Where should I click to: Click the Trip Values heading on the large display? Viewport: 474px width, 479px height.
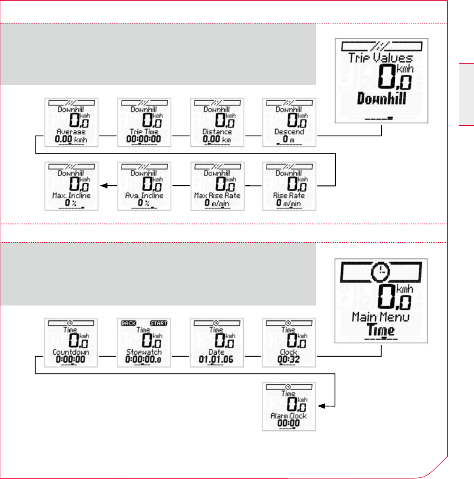pyautogui.click(x=380, y=58)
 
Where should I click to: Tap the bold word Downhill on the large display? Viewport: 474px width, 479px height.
pyautogui.click(x=381, y=98)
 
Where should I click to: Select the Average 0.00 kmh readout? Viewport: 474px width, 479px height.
pyautogui.click(x=71, y=139)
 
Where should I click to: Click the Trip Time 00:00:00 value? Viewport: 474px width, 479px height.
pyautogui.click(x=144, y=139)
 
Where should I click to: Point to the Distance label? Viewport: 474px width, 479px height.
pyautogui.click(x=217, y=132)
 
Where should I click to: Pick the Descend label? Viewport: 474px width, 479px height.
pyautogui.click(x=289, y=132)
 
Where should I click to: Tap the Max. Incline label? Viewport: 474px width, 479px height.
pyautogui.click(x=71, y=196)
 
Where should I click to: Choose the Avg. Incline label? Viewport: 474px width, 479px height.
pyautogui.click(x=144, y=196)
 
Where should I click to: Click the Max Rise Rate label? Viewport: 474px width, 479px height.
pyautogui.click(x=217, y=196)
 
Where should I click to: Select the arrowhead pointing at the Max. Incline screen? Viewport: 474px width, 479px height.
pyautogui.click(x=104, y=186)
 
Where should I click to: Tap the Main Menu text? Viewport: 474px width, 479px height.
pyautogui.click(x=380, y=318)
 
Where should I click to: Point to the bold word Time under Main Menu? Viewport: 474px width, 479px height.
pyautogui.click(x=381, y=330)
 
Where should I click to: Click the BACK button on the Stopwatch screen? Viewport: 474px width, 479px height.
pyautogui.click(x=129, y=323)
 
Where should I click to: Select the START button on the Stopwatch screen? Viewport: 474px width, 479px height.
pyautogui.click(x=158, y=323)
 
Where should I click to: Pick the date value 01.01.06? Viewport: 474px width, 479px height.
pyautogui.click(x=216, y=359)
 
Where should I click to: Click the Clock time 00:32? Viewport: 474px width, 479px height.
pyautogui.click(x=288, y=359)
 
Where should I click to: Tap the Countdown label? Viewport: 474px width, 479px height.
pyautogui.click(x=71, y=352)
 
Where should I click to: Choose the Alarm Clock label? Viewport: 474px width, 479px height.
pyautogui.click(x=289, y=416)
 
